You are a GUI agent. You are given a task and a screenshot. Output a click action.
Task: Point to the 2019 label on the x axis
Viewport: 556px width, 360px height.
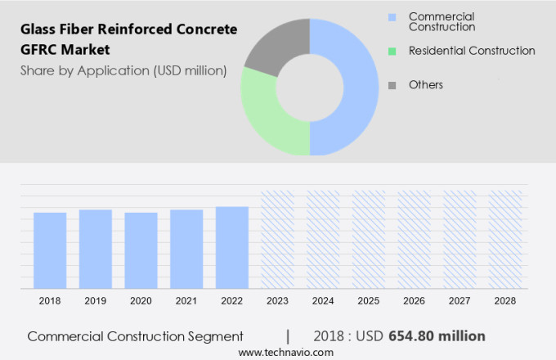tap(96, 301)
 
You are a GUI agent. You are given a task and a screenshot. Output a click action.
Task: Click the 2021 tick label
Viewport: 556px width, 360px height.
tap(186, 301)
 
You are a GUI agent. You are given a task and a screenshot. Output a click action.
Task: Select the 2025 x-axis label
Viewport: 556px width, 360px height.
tap(369, 301)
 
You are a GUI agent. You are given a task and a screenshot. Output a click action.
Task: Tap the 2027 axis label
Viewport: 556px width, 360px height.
tap(460, 301)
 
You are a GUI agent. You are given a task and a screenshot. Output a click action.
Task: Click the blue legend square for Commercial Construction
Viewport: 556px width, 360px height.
tap(392, 16)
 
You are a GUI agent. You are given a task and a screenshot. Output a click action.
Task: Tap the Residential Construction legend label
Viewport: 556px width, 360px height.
tap(472, 51)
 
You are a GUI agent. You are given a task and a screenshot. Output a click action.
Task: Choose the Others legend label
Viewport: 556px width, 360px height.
tap(426, 85)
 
